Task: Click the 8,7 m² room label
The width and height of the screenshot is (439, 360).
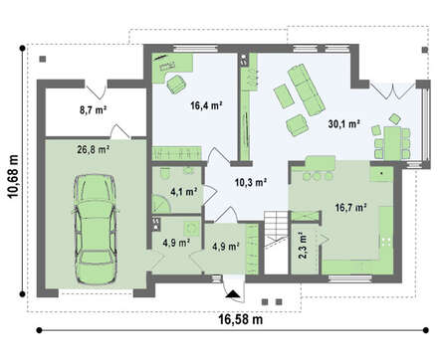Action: pos(93,109)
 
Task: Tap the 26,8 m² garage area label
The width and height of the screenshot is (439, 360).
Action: pos(94,150)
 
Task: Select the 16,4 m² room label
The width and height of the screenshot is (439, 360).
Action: pos(206,105)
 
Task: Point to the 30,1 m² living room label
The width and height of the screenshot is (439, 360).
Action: pos(344,124)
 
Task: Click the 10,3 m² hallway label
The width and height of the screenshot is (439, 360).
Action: pos(251,182)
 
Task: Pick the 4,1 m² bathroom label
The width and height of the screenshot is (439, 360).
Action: pos(184,192)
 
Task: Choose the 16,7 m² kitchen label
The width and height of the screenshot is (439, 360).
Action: pos(350,208)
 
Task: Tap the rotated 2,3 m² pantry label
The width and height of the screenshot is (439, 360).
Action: pos(303,247)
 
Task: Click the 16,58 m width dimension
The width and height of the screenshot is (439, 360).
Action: pos(241,319)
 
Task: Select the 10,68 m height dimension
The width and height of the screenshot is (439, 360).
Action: pos(13,177)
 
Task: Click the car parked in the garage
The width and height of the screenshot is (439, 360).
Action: pos(96,230)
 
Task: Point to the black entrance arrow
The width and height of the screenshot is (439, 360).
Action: pos(233,294)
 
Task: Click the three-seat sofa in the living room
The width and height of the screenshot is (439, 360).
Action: pos(306,90)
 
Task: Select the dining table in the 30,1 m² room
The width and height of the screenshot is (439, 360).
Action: pos(392,142)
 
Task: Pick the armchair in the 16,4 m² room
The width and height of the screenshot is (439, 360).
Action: pos(175,85)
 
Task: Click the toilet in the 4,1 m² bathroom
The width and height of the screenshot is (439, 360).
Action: pos(164,173)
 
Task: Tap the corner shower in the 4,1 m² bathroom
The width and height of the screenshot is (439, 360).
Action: pos(161,204)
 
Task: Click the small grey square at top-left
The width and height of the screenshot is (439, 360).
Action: pos(43,59)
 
